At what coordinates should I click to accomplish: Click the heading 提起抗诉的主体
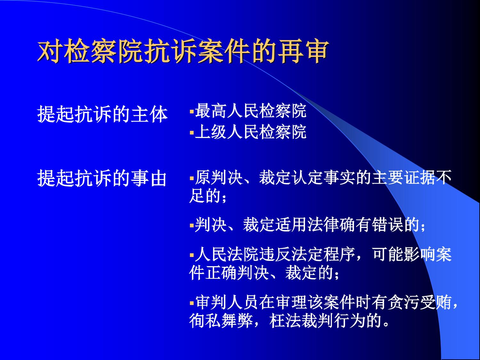pyautogui.click(x=102, y=114)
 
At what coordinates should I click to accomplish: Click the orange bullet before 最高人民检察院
pyautogui.click(x=192, y=112)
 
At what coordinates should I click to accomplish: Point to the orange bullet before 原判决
pyautogui.click(x=192, y=178)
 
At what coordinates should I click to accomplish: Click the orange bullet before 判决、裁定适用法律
pyautogui.click(x=192, y=225)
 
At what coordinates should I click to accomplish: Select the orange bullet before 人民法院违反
pyautogui.click(x=192, y=255)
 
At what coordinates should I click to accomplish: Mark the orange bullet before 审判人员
pyautogui.click(x=192, y=303)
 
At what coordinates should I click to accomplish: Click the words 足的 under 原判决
pyautogui.click(x=205, y=196)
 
